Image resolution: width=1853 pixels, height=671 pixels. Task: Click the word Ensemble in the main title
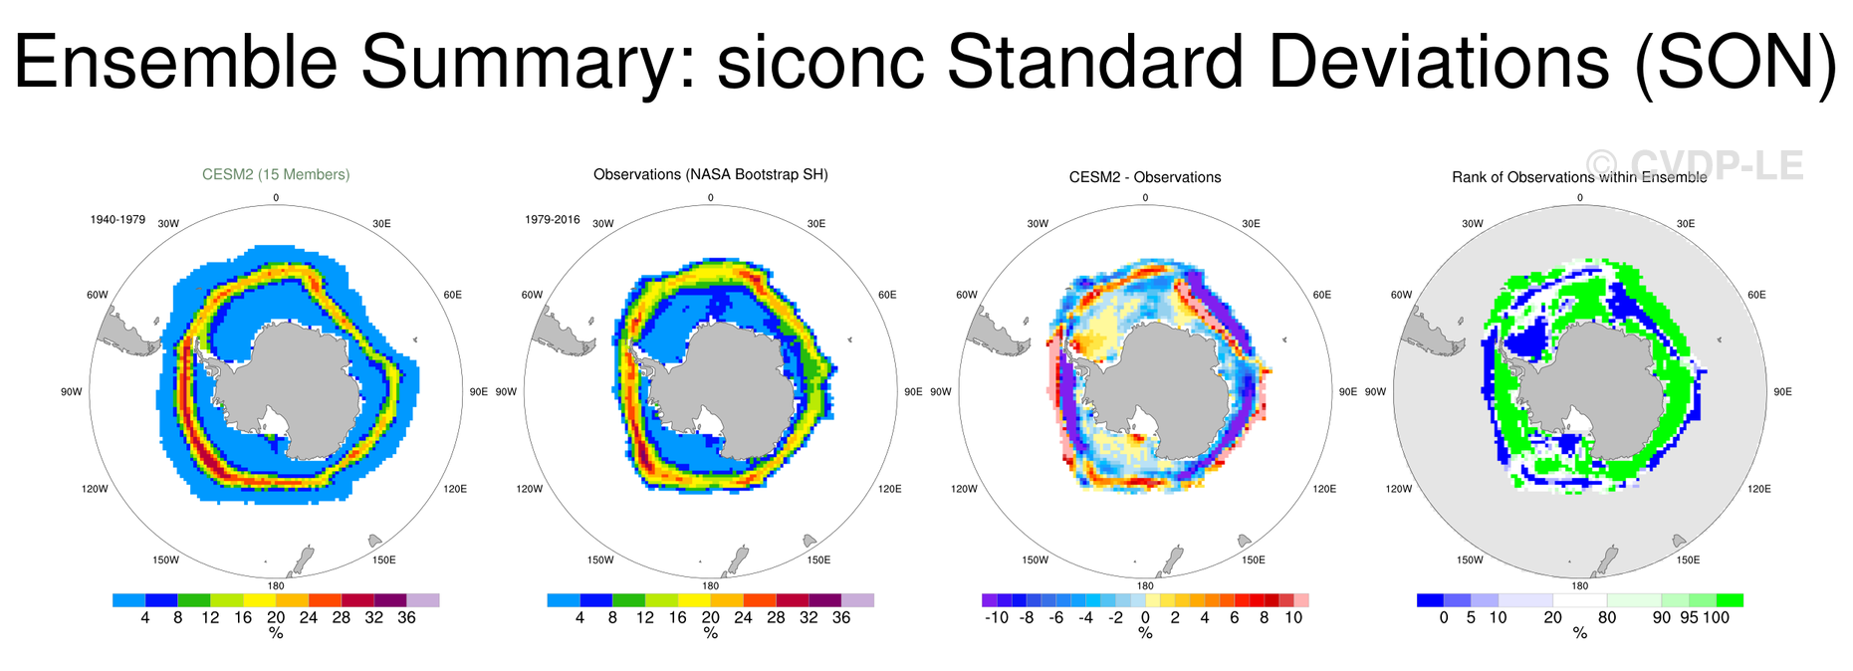[x=175, y=62]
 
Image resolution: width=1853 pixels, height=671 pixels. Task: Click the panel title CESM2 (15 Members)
[x=276, y=174]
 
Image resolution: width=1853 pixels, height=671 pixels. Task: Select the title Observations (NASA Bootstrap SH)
[x=710, y=174]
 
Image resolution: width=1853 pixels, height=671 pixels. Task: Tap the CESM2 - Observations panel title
[x=1145, y=177]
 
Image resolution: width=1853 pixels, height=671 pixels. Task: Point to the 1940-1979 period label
[x=117, y=219]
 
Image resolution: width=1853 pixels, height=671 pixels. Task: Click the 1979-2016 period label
[x=553, y=219]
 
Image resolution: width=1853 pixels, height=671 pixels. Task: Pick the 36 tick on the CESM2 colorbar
[x=406, y=617]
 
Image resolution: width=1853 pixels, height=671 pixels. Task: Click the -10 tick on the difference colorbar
[x=996, y=617]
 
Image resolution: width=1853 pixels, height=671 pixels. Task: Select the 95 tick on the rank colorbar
[x=1689, y=617]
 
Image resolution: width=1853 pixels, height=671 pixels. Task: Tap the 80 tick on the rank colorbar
[x=1607, y=617]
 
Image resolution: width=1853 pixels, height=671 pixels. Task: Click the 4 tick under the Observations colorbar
[x=579, y=617]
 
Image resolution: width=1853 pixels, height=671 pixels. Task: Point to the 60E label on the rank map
[x=1756, y=295]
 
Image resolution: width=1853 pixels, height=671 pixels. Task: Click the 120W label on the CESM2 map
[x=95, y=489]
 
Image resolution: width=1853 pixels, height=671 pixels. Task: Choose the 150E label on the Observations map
[x=818, y=560]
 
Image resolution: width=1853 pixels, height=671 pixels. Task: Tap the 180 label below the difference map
[x=1145, y=586]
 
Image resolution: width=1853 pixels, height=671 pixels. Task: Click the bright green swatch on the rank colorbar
[x=1730, y=600]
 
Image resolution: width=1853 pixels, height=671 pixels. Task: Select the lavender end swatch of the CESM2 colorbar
[x=423, y=600]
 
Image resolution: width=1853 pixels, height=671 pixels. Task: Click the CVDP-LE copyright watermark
[x=1694, y=165]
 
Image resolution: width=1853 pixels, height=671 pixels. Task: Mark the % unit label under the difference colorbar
[x=1145, y=633]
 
